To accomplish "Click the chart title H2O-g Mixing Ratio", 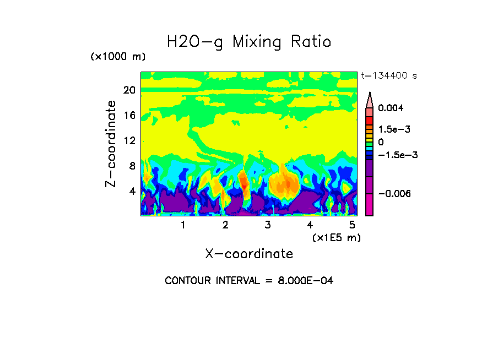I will point(249,42).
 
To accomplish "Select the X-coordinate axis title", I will point(249,254).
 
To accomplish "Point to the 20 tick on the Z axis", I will point(129,90).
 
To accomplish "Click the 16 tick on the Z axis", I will point(129,116).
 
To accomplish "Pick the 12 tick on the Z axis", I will point(129,141).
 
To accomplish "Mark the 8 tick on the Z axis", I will point(132,166).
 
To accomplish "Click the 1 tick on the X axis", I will point(183,225).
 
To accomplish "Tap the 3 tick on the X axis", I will point(268,225).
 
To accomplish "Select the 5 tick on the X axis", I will point(352,225).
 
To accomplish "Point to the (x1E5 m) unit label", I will point(336,237).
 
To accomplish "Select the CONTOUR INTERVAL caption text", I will point(249,281).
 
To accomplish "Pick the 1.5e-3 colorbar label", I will point(393,129).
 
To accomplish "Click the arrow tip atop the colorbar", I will point(369,94).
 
